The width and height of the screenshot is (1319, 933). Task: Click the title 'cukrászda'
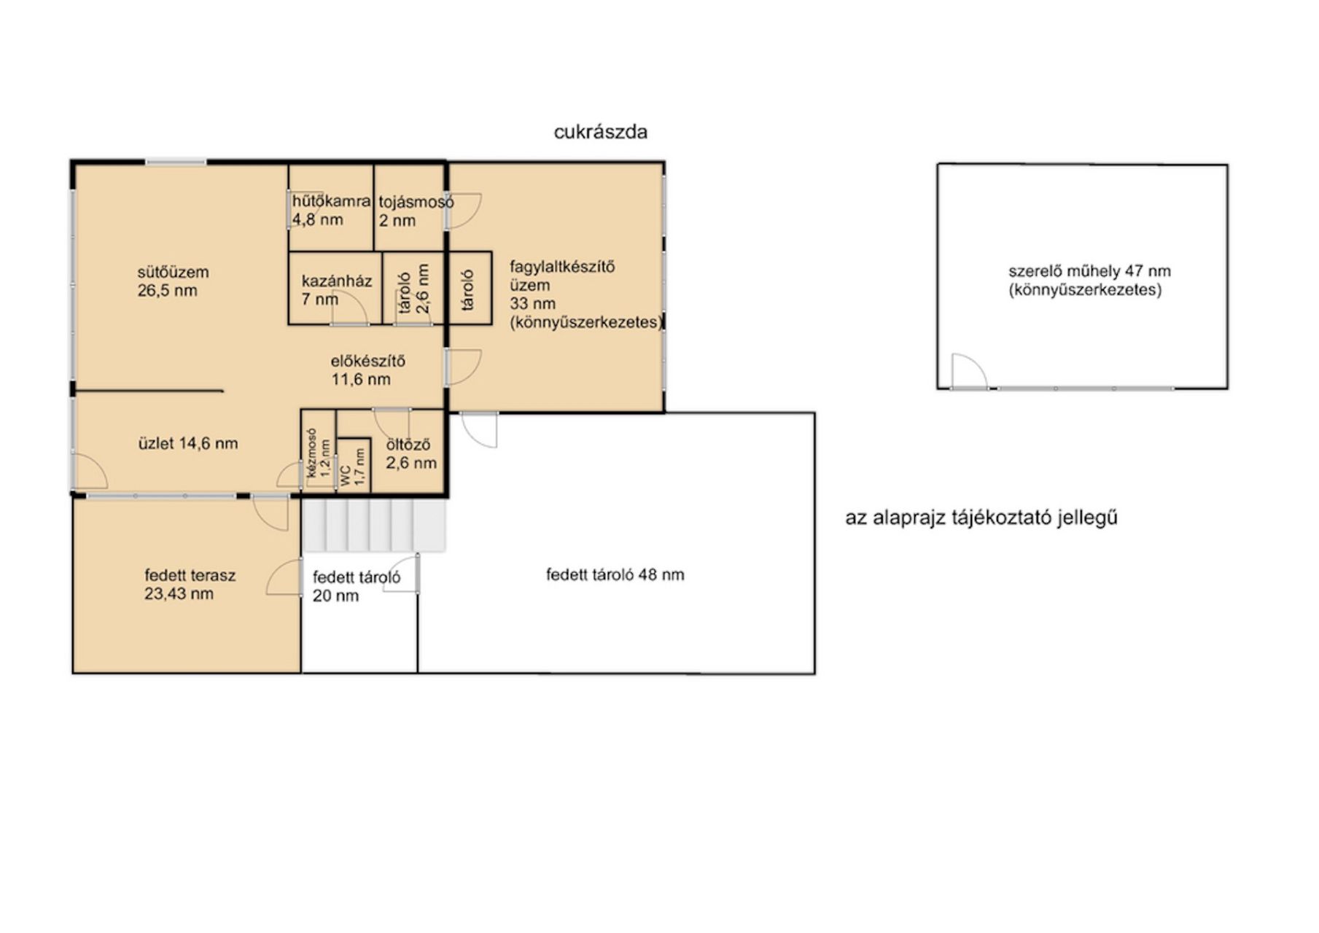click(x=600, y=132)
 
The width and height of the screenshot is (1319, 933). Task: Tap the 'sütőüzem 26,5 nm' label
click(x=173, y=281)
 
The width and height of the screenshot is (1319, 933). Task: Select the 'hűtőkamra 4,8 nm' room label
click(x=331, y=210)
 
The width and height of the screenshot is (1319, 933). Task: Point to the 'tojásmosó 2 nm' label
click(x=416, y=211)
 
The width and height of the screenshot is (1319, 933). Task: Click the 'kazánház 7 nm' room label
click(x=336, y=289)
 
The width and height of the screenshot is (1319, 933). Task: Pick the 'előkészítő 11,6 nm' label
click(x=367, y=370)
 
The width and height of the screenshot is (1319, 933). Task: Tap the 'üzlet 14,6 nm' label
click(x=188, y=443)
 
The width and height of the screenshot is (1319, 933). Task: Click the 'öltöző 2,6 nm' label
click(x=411, y=453)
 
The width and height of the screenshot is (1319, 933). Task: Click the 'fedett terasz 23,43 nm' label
click(x=190, y=584)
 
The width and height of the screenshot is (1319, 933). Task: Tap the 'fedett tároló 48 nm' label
click(x=615, y=574)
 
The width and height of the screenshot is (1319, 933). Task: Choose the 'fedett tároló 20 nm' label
click(x=357, y=586)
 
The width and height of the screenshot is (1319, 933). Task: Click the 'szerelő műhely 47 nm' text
click(x=1089, y=271)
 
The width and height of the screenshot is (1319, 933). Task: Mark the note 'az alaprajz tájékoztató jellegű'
click(x=981, y=518)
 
